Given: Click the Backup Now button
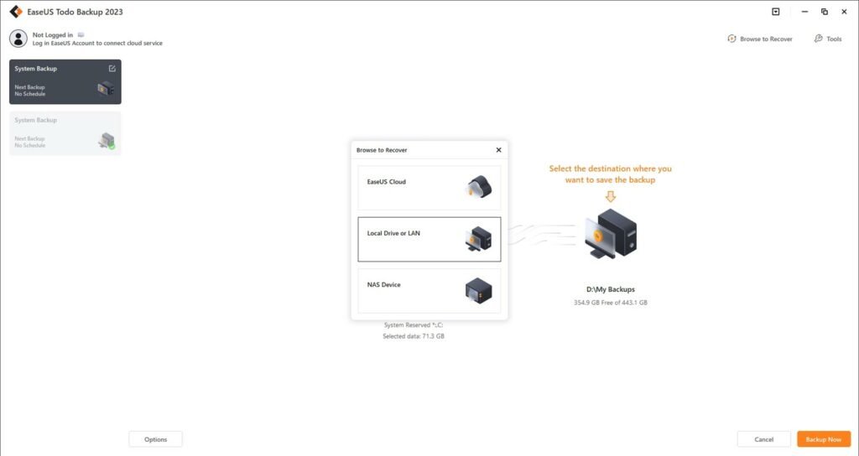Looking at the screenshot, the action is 824,439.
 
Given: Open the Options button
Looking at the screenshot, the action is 155,439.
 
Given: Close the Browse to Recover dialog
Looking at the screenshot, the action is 498,150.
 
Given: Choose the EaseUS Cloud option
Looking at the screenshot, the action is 429,188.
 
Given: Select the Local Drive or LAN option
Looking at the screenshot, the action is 429,239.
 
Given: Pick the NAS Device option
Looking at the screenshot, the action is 429,291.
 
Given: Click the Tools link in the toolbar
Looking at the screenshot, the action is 828,39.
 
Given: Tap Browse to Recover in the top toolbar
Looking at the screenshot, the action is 760,39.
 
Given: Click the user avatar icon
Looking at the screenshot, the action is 18,39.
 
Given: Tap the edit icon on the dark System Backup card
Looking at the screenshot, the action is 112,69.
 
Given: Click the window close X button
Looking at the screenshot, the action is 844,12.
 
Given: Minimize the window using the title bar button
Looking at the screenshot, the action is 804,12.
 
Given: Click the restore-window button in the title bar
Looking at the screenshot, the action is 825,12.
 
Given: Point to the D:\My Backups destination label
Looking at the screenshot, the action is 611,289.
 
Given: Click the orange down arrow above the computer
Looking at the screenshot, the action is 611,196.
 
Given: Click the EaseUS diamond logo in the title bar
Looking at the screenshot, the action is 16,12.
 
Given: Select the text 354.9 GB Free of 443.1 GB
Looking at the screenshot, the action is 611,302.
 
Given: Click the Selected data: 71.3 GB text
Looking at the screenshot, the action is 414,336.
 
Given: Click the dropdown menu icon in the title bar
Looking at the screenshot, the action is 776,12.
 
